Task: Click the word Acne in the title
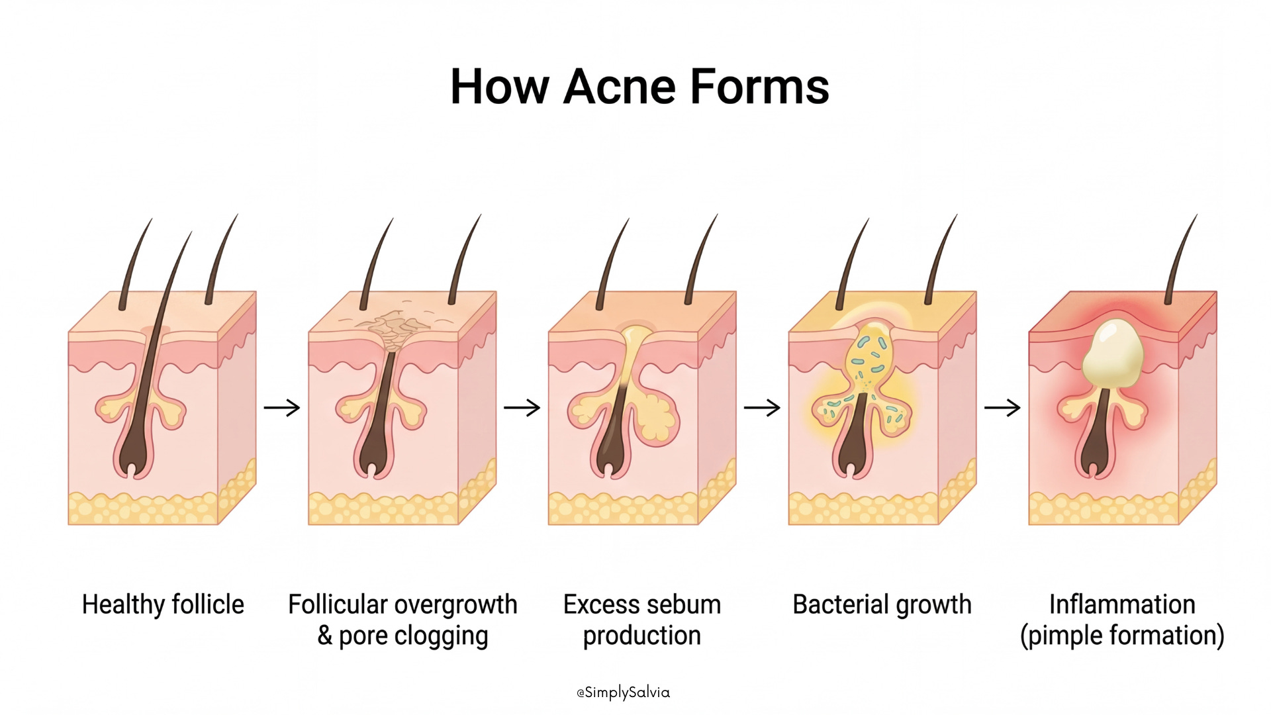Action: coord(618,87)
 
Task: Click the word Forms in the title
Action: coord(759,87)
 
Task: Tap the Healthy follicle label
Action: coord(163,604)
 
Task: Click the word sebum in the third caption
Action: coord(685,604)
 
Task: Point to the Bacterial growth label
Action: coord(882,604)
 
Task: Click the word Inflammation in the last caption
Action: coord(1122,604)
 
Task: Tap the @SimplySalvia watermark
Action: coord(623,692)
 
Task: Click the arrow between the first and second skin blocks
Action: coord(282,408)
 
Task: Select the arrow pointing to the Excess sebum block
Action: coord(522,408)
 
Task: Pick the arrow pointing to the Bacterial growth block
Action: coord(763,408)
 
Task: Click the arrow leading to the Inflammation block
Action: coord(1002,408)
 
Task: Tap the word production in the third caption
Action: coord(641,636)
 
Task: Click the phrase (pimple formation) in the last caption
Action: coord(1122,636)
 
